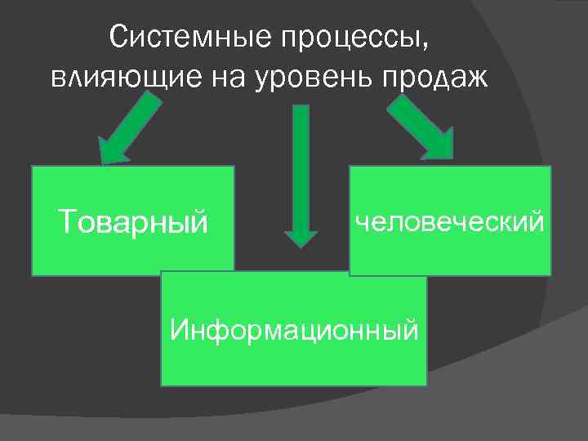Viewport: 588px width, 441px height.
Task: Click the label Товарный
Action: point(133,220)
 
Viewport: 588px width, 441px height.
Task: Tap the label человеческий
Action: point(449,220)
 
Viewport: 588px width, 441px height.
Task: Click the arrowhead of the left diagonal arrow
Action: point(114,148)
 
